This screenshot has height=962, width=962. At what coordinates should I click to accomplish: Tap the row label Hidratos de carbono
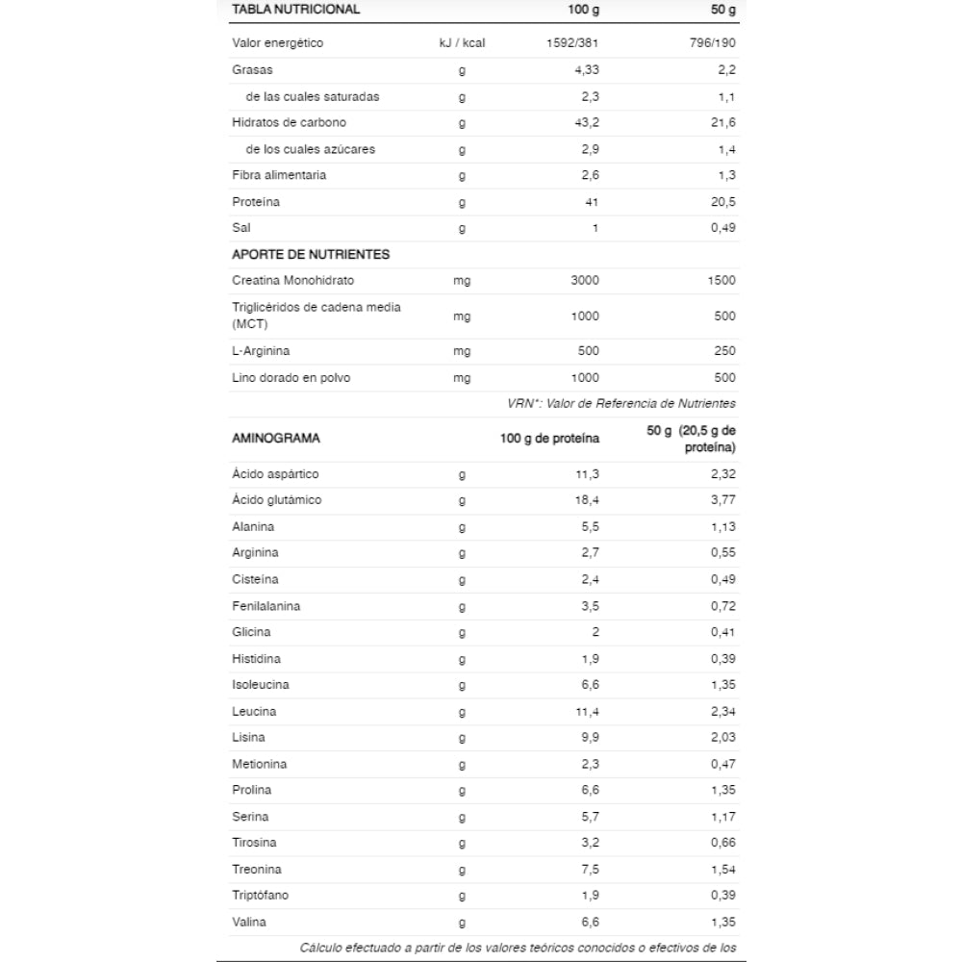point(290,123)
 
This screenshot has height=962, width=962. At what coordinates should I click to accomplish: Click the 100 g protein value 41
point(592,202)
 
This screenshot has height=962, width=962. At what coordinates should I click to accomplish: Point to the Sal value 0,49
point(722,228)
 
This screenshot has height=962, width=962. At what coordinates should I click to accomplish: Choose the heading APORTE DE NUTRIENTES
point(311,255)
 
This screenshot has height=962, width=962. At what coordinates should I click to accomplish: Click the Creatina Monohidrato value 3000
point(584,281)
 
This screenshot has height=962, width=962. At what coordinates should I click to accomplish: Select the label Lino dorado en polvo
point(291,378)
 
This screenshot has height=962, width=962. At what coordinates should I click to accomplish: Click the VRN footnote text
point(621,404)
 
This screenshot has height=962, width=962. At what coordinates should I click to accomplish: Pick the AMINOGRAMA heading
point(276,439)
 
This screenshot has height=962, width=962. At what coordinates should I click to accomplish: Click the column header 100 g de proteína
point(549,439)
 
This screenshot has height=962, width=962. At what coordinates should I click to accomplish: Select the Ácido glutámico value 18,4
point(587,500)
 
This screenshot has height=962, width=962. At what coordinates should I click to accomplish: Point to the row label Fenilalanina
point(266,606)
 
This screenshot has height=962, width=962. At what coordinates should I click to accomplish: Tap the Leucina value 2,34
point(722,712)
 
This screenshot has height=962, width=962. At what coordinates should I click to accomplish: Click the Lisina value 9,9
point(590,738)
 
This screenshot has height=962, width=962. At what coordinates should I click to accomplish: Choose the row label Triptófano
point(261,896)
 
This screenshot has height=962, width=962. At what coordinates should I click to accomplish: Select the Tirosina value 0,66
point(722,844)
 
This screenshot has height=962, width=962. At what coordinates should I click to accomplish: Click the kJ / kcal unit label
point(462,43)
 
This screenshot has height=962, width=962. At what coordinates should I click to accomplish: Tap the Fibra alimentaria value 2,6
point(590,175)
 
